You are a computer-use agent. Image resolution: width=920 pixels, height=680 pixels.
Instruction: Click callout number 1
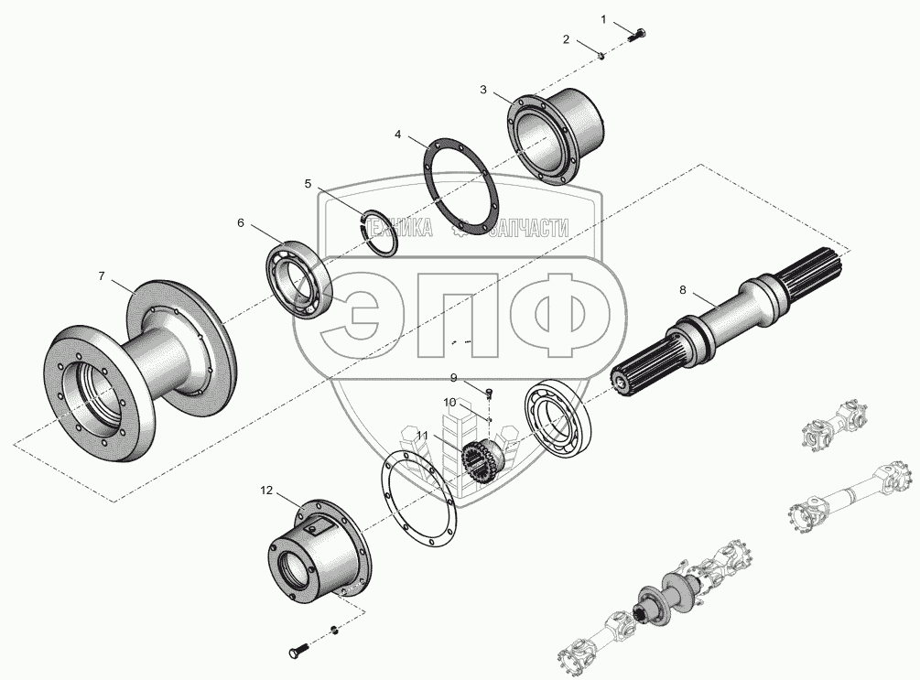click(603, 20)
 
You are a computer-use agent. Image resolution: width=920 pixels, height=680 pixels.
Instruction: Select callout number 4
click(398, 135)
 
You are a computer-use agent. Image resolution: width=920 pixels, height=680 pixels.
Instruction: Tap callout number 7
click(102, 275)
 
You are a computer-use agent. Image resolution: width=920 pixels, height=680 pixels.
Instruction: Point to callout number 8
click(682, 290)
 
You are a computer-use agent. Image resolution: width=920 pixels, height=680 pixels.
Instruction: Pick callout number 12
click(266, 491)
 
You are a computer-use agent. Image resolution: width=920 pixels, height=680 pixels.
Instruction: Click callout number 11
click(422, 436)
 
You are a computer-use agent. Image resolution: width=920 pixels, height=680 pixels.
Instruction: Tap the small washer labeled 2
click(602, 56)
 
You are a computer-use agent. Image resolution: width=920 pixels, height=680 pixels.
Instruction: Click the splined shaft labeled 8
click(729, 322)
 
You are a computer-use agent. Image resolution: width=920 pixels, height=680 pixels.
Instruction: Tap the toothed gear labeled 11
click(482, 461)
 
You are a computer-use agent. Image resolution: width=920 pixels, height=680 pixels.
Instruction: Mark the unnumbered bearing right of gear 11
click(557, 419)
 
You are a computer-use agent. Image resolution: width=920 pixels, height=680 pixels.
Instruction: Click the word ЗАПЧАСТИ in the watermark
click(528, 228)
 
